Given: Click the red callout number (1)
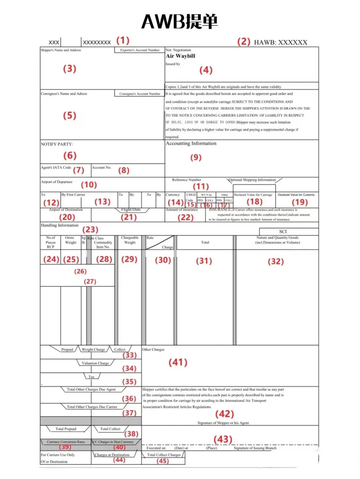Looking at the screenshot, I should point(123,41).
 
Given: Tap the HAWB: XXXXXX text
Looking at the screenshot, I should point(280,42).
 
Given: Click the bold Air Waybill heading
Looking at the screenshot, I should point(180,56).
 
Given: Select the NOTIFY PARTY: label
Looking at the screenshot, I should point(57,144).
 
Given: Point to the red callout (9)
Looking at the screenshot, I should point(196,157).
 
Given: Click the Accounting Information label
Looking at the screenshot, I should point(191,143).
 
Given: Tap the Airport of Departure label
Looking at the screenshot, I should point(57,182).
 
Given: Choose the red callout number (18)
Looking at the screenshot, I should point(254,202).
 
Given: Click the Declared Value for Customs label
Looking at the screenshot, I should point(296,195).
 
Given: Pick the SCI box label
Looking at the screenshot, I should point(283,231).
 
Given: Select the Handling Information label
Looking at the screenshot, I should point(60,225).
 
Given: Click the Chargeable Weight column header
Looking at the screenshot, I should point(130,240).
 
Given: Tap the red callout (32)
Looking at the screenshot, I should point(276,262).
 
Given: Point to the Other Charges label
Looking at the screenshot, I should point(153,350).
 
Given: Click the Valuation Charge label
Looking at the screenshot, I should point(95,363).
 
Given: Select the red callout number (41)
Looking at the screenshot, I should point(178,362).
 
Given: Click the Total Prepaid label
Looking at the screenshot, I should point(66,429).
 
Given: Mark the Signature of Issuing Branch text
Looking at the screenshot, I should point(255,448).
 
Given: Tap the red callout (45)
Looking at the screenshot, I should point(163,461).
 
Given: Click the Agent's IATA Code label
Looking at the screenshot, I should point(56,167).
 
